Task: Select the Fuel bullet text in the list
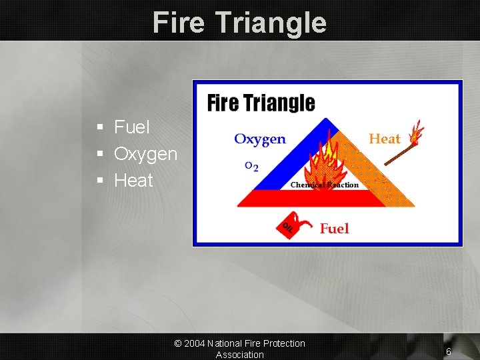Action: tap(132, 127)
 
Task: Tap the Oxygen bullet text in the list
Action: tap(145, 154)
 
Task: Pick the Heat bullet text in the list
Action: tap(133, 181)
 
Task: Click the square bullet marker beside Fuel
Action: tap(99, 127)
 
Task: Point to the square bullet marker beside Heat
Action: tap(99, 181)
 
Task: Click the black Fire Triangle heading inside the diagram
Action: tap(261, 103)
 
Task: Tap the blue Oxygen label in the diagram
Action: tap(259, 139)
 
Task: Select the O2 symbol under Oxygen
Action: tap(251, 165)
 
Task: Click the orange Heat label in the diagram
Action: tap(385, 139)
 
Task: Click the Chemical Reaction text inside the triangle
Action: tap(325, 185)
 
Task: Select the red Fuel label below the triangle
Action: tap(334, 229)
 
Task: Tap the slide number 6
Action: tap(449, 351)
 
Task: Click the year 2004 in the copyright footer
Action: tap(194, 343)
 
